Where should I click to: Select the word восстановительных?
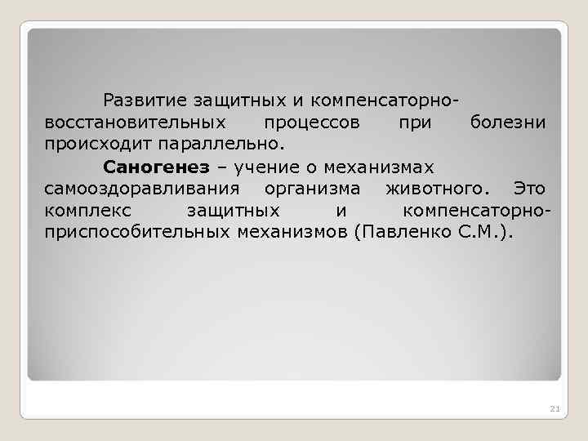135,123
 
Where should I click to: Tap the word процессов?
311,123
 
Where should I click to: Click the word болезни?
508,123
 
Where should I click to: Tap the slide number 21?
555,408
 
